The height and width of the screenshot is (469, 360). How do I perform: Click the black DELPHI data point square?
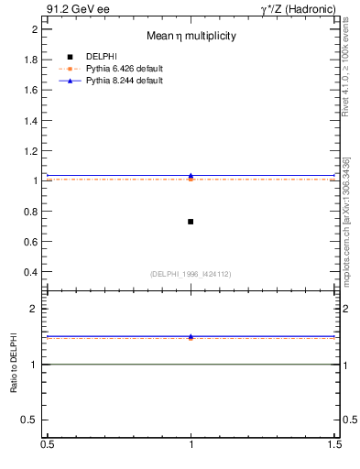(x=191, y=222)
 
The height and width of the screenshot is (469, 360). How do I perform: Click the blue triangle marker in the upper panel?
(x=191, y=175)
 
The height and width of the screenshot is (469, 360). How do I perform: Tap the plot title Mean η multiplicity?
(x=191, y=37)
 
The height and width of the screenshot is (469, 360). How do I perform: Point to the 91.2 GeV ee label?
(x=78, y=9)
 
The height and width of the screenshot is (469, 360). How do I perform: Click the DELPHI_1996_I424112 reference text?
(x=191, y=274)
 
